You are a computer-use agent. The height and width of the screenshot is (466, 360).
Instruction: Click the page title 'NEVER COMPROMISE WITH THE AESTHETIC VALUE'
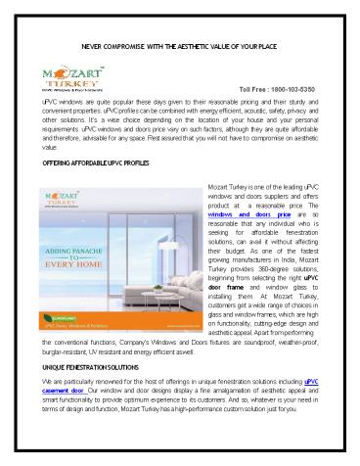coord(179,46)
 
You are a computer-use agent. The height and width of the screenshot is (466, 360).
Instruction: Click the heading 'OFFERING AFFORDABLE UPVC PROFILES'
coord(96,162)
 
